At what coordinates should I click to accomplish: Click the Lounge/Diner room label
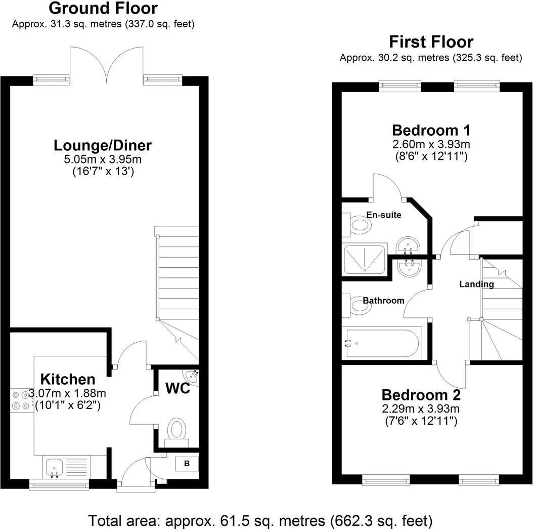103,146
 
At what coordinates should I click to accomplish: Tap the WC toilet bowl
176,429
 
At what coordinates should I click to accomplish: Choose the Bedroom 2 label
421,395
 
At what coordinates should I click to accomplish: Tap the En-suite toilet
358,224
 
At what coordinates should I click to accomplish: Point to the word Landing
476,284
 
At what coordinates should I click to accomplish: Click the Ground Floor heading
104,8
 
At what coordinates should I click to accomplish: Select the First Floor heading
431,42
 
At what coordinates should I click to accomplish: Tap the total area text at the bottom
260,520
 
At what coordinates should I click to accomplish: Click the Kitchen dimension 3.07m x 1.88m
68,393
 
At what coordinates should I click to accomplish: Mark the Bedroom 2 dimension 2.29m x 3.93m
421,409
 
